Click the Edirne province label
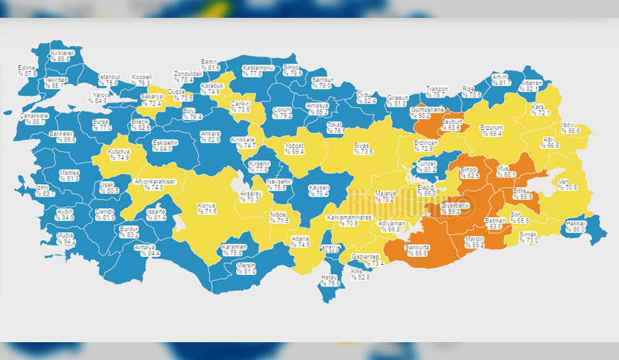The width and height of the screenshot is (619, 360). (28, 68)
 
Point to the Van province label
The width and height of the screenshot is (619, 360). (565, 182)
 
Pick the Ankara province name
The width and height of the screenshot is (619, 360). (210, 134)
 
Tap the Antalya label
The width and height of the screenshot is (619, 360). (145, 247)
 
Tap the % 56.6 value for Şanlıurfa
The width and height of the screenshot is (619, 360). (417, 253)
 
